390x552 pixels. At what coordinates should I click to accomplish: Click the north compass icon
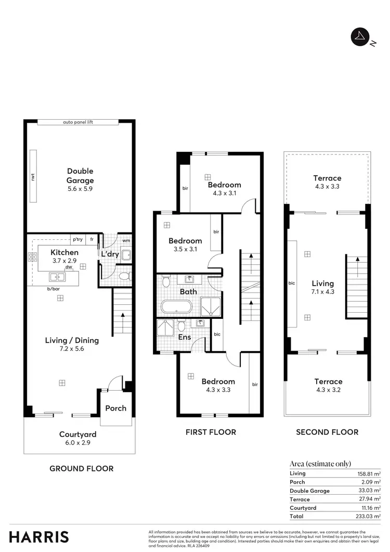coord(359,37)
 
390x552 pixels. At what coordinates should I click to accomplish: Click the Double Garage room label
coord(80,176)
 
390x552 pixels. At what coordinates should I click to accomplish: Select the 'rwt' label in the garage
coord(33,177)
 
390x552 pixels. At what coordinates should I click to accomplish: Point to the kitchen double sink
coord(55,276)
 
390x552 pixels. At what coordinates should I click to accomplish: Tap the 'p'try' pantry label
coord(77,239)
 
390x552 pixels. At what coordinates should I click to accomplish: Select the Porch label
coord(115,408)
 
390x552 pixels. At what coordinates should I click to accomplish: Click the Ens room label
coord(185,337)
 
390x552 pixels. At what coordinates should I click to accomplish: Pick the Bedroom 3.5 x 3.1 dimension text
coord(185,249)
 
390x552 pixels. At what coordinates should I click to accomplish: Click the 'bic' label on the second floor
coord(291,283)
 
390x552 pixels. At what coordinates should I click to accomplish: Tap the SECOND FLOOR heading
coord(327,432)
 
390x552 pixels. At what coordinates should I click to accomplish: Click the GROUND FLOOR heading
coord(81,468)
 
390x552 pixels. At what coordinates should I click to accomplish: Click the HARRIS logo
coord(38,536)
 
